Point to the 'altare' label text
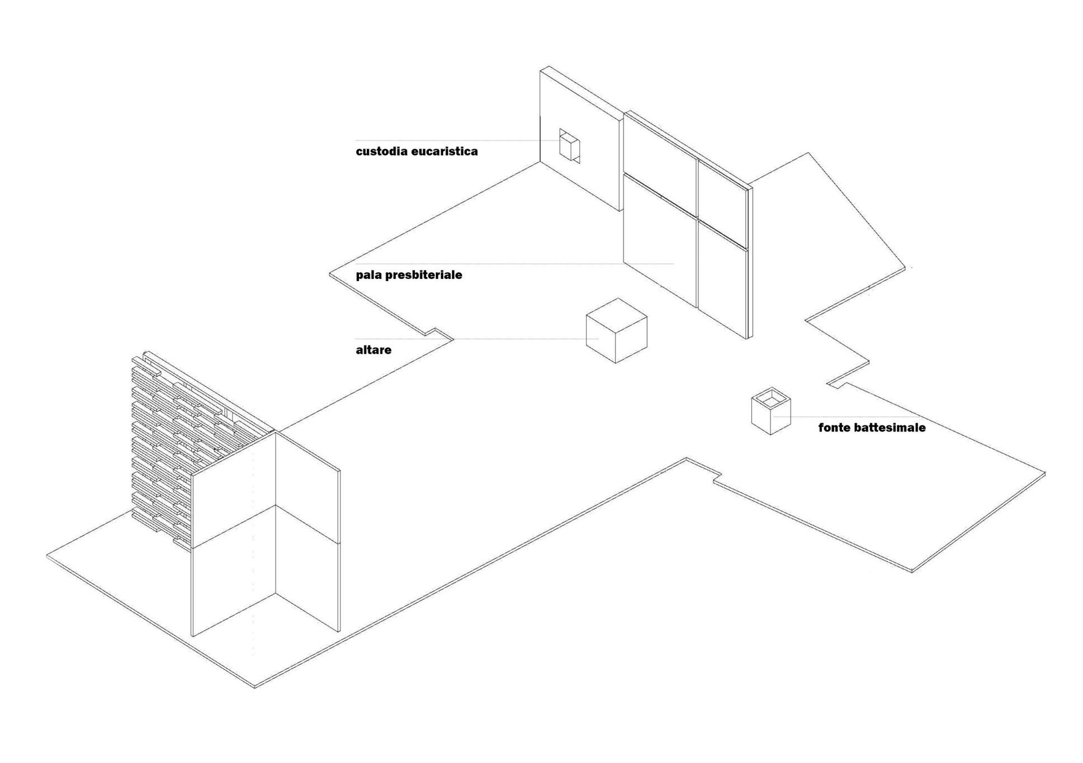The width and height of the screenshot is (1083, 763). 373,350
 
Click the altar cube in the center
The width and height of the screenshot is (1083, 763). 616,330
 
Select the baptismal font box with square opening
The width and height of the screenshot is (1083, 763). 771,411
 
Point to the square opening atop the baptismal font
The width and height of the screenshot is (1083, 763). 771,399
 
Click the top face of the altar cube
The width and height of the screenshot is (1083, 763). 616,315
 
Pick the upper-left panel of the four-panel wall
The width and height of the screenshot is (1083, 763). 660,154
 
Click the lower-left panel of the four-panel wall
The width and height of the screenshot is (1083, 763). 660,240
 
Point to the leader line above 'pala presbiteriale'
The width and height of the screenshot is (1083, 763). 514,263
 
